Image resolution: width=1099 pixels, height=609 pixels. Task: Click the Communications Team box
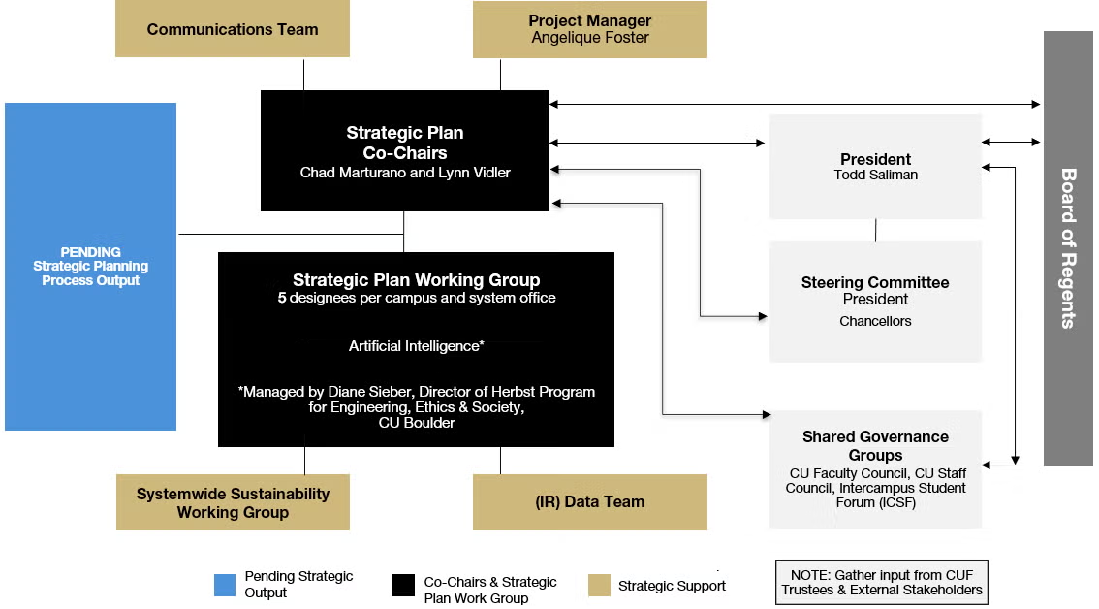[x=232, y=29]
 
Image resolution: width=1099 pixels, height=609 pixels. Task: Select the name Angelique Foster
[x=590, y=38]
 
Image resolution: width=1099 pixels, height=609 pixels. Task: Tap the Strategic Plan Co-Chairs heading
[x=405, y=143]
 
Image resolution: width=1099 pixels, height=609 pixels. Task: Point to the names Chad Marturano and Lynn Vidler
[x=405, y=173]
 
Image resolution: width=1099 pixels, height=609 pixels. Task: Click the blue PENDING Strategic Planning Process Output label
[x=90, y=266]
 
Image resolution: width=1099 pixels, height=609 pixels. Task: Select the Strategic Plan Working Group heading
[x=417, y=280]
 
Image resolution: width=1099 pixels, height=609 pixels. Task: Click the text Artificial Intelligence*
[x=417, y=346]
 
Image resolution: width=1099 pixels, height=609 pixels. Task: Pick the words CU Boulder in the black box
[x=417, y=423]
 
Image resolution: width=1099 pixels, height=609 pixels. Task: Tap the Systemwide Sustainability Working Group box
[x=233, y=502]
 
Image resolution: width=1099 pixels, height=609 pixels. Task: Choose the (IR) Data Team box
[x=590, y=502]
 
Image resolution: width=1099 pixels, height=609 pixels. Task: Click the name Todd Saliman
[x=875, y=175]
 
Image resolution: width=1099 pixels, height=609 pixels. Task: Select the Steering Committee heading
[x=875, y=283]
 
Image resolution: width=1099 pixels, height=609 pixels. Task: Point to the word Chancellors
[x=875, y=321]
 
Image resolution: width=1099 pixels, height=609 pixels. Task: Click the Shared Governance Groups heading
[x=875, y=446]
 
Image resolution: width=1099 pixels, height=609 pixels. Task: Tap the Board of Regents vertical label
[x=1068, y=248]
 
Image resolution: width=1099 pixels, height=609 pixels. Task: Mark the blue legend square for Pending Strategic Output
[x=225, y=585]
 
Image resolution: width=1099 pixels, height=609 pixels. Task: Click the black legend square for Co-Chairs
[x=404, y=585]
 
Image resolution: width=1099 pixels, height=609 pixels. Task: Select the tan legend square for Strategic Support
[x=599, y=585]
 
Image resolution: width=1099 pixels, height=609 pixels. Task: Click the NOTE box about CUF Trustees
[x=882, y=583]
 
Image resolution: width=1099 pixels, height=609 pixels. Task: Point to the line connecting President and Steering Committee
[x=875, y=230]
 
